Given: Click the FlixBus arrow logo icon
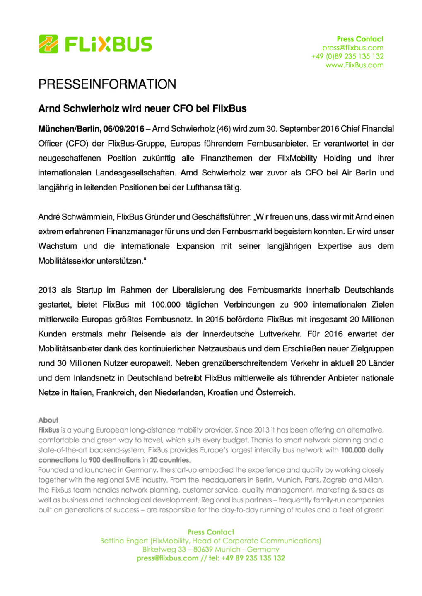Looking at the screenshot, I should click(x=48, y=44).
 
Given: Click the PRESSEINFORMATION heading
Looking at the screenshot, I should click(x=107, y=84).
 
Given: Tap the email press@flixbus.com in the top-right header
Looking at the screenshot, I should click(x=353, y=48).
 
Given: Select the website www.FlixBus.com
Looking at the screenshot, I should click(x=354, y=65).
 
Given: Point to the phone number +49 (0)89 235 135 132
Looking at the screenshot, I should click(x=347, y=56).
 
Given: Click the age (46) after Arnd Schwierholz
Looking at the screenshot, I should click(x=224, y=129).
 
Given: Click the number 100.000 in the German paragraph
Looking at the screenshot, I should click(x=166, y=305).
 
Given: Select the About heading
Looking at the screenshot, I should click(x=48, y=420).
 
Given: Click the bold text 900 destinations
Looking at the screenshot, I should click(x=115, y=460).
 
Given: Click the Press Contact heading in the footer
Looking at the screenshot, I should click(x=211, y=532).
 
